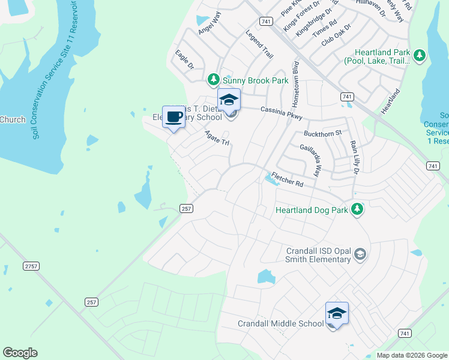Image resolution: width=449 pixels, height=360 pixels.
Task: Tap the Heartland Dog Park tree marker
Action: (357, 209)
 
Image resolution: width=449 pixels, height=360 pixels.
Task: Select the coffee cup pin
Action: (173, 117)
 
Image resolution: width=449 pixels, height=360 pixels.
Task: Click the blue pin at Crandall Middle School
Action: (337, 314)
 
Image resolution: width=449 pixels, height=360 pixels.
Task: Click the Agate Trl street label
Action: (217, 138)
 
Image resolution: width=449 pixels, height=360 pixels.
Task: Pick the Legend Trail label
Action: (260, 44)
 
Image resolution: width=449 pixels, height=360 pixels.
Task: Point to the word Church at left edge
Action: (13, 119)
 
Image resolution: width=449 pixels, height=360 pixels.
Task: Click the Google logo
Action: (20, 353)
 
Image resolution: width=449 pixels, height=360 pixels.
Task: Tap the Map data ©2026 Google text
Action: (411, 355)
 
